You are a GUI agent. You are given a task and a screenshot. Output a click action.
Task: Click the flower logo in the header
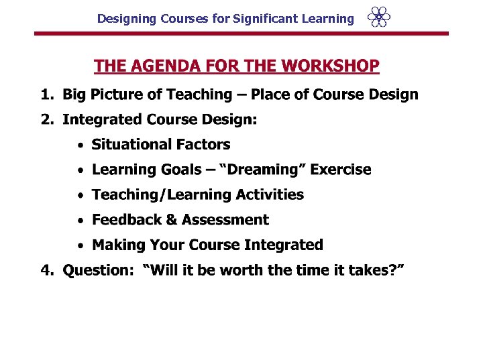tap(379, 17)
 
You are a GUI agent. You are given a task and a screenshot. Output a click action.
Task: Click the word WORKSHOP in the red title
tap(331, 66)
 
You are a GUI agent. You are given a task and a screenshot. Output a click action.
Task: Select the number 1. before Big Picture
tap(47, 95)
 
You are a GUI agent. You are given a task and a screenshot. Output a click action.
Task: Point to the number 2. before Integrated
tap(47, 120)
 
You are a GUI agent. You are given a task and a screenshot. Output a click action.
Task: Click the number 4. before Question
tap(47, 270)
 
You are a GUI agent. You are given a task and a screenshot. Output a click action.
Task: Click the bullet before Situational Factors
tap(80, 145)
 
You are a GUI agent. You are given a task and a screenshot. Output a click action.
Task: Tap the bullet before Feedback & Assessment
tap(80, 221)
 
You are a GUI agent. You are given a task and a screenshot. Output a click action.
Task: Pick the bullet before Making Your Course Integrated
tap(80, 245)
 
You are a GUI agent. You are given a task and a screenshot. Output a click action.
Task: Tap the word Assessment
tap(225, 220)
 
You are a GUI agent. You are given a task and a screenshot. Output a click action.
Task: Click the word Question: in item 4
tap(98, 270)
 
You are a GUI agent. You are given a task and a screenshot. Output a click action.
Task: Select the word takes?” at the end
tap(380, 270)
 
